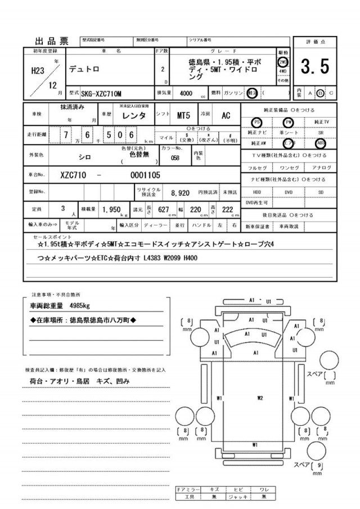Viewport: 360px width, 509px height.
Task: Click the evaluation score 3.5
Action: pos(314,67)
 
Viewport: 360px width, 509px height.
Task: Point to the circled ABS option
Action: pos(321,143)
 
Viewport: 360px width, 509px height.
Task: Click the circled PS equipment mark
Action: pos(256,122)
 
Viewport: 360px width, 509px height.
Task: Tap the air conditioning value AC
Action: pos(226,115)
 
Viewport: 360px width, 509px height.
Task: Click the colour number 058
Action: pos(175,158)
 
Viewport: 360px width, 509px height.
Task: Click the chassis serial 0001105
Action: pos(145,175)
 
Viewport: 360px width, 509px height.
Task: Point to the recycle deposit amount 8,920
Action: pos(180,192)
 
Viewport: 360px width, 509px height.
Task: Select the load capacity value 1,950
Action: pos(112,209)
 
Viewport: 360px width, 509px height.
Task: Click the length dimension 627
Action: pos(164,209)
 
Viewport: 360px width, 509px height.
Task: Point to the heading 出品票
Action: pos(51,41)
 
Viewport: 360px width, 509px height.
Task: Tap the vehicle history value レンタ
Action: pos(134,115)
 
